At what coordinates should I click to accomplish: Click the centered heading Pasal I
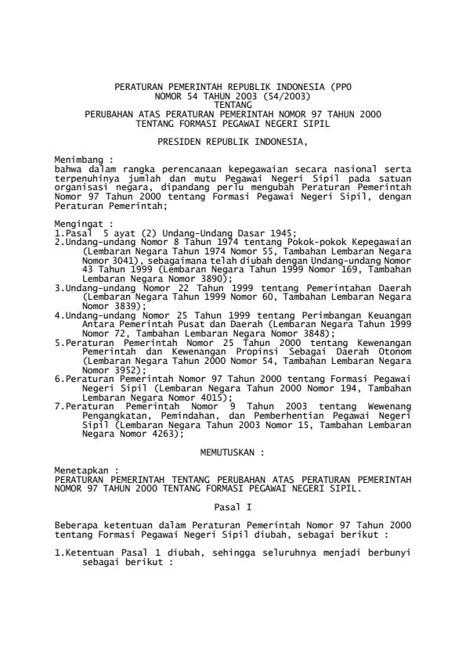(x=233, y=508)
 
